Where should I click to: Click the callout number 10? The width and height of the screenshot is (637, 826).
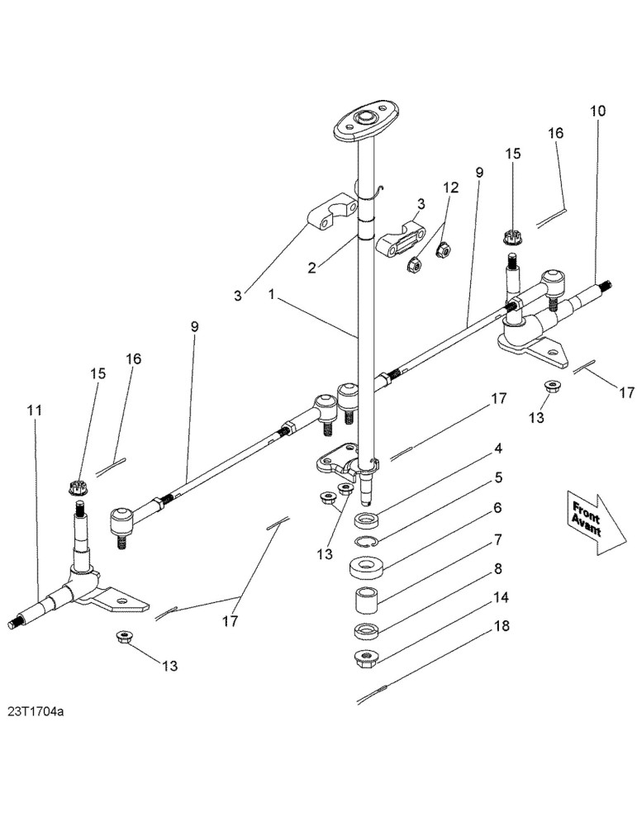(597, 112)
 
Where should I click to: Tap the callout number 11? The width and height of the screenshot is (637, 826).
(35, 410)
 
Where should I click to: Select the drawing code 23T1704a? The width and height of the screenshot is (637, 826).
(36, 712)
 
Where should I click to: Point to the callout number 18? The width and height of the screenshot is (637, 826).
(502, 626)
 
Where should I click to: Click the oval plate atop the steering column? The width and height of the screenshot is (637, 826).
(366, 121)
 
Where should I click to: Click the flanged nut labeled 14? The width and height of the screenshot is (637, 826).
(365, 658)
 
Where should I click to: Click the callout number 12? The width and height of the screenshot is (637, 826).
(451, 188)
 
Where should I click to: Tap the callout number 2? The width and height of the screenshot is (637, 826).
(312, 268)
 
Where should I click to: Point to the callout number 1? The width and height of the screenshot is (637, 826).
(271, 294)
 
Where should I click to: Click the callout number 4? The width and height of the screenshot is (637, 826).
(497, 449)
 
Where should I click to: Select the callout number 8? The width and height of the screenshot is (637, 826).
(497, 569)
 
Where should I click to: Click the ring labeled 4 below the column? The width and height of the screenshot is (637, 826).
(366, 520)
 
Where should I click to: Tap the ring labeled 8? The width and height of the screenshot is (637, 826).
(366, 631)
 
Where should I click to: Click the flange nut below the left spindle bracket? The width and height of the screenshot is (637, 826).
(125, 637)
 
